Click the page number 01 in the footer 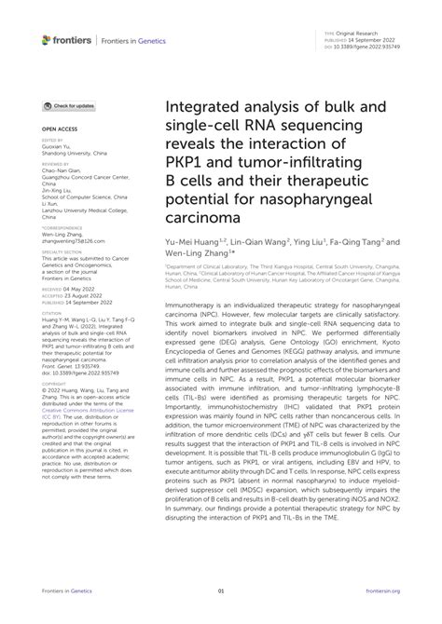pyautogui.click(x=221, y=591)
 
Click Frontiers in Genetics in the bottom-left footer pyautogui.click(x=61, y=591)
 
